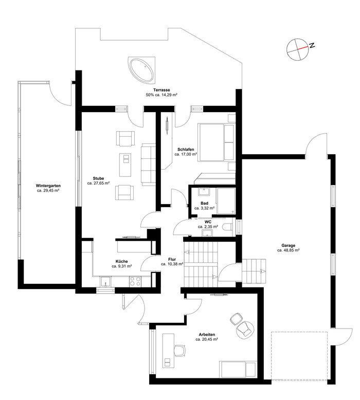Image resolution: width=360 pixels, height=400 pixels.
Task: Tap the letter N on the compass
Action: coord(312,45)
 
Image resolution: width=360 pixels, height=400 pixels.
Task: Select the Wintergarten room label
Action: coord(48,186)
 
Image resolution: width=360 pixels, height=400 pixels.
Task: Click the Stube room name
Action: coord(98,178)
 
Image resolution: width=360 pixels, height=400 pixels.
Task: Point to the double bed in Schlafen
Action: coord(216,142)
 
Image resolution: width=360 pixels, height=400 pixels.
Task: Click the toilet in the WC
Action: coord(228,227)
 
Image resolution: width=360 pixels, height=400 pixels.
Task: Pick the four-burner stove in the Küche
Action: coord(135,281)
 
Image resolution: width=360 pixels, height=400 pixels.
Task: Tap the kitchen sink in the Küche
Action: coord(105,282)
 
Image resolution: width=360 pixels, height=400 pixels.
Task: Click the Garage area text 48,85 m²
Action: coord(291,250)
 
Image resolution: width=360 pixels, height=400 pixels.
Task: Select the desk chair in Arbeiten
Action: coord(180,350)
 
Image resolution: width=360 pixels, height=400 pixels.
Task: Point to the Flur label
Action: coord(172,260)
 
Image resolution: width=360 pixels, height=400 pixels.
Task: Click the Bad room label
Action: coord(204,203)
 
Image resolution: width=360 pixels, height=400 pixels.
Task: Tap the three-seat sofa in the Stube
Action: coord(148,165)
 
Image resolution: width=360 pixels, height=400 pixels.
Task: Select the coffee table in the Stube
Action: coord(125,165)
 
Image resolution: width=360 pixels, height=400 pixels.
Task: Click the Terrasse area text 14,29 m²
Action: coord(169,95)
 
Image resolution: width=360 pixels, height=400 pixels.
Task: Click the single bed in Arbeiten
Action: coord(238,369)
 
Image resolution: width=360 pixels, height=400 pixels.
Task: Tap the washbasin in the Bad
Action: coord(204,192)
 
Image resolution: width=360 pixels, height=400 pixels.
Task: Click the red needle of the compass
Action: coord(302,48)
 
